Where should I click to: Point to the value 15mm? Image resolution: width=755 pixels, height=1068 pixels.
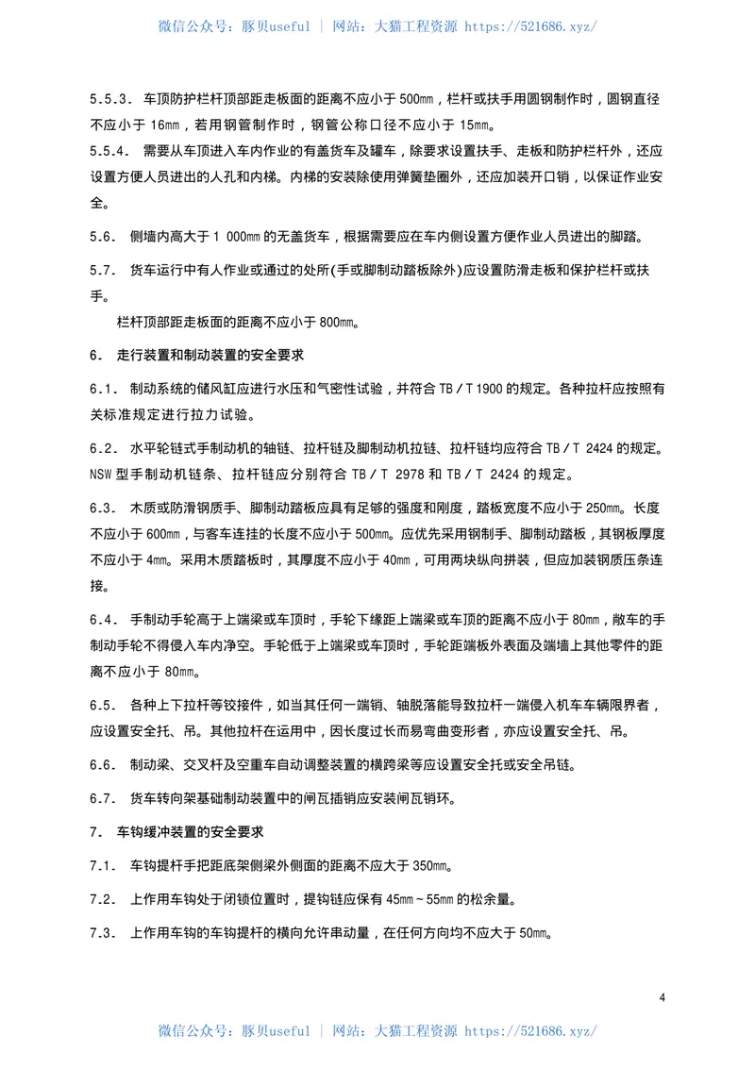click(x=475, y=125)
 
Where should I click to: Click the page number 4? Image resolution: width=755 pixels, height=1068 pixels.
click(x=663, y=997)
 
